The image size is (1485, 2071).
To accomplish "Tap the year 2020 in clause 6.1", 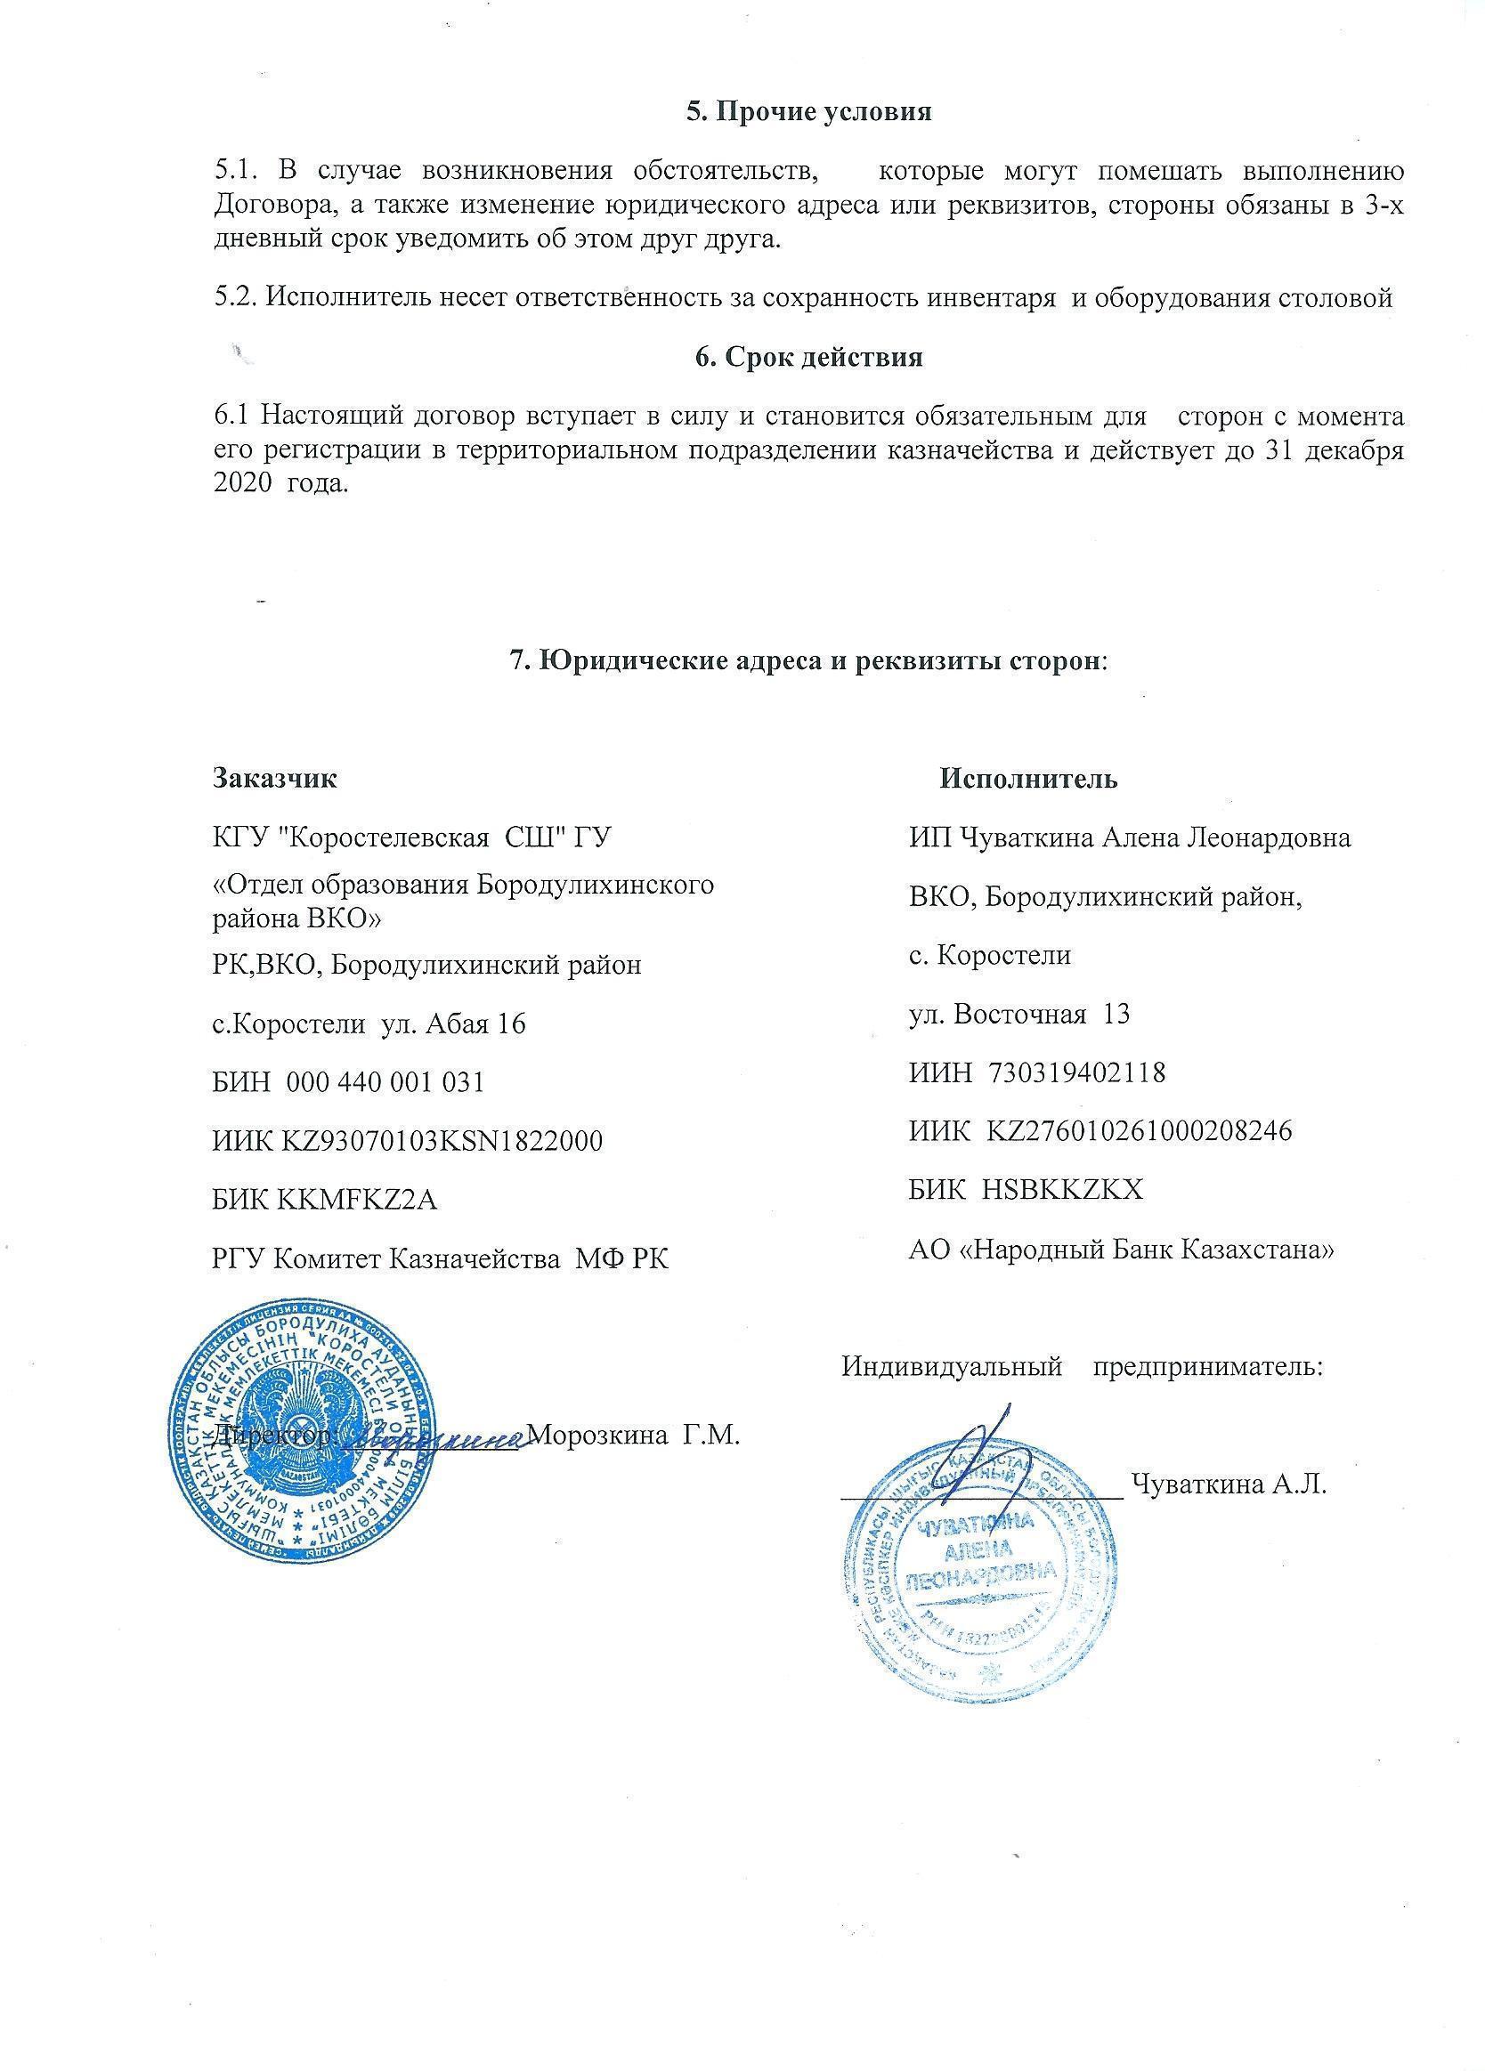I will pos(240,484).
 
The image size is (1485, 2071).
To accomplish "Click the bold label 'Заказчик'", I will pos(274,778).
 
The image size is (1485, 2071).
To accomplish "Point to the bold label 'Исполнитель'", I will pos(1027,778).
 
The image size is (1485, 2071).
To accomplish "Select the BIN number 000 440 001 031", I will pos(385,1082).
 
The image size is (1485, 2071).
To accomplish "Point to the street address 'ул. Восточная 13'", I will pos(1019,1014).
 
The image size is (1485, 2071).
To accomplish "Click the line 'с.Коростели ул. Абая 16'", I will pos(369,1023).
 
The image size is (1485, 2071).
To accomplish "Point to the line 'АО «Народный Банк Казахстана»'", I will pos(1122,1249).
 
